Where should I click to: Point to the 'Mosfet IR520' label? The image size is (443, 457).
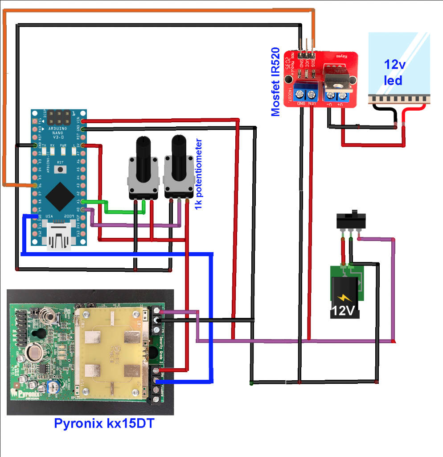click(276, 82)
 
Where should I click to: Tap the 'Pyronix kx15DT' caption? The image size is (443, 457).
click(104, 423)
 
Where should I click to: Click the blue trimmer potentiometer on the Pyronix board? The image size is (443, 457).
click(55, 386)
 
